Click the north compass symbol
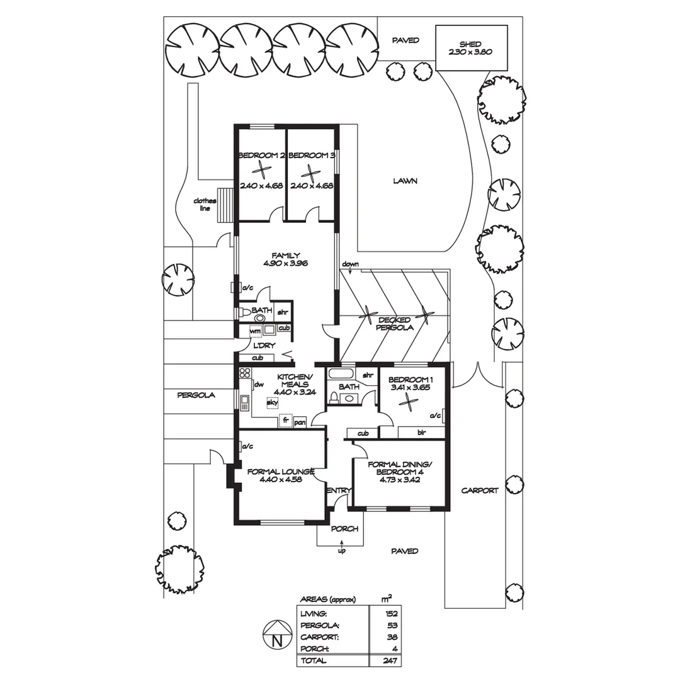point(277,635)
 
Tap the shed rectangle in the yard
point(472,48)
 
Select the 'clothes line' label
point(205,204)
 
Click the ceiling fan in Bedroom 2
point(261,170)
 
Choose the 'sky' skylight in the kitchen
point(272,403)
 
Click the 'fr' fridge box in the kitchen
point(285,420)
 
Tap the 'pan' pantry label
point(300,422)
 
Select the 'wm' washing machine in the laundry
point(256,331)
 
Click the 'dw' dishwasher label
point(259,384)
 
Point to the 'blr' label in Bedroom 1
point(421,433)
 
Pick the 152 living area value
point(391,614)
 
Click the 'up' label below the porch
point(342,551)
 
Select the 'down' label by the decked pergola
point(351,264)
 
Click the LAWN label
point(405,181)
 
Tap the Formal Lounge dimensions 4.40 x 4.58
point(281,480)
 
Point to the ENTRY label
point(339,490)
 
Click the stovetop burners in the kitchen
point(245,373)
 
